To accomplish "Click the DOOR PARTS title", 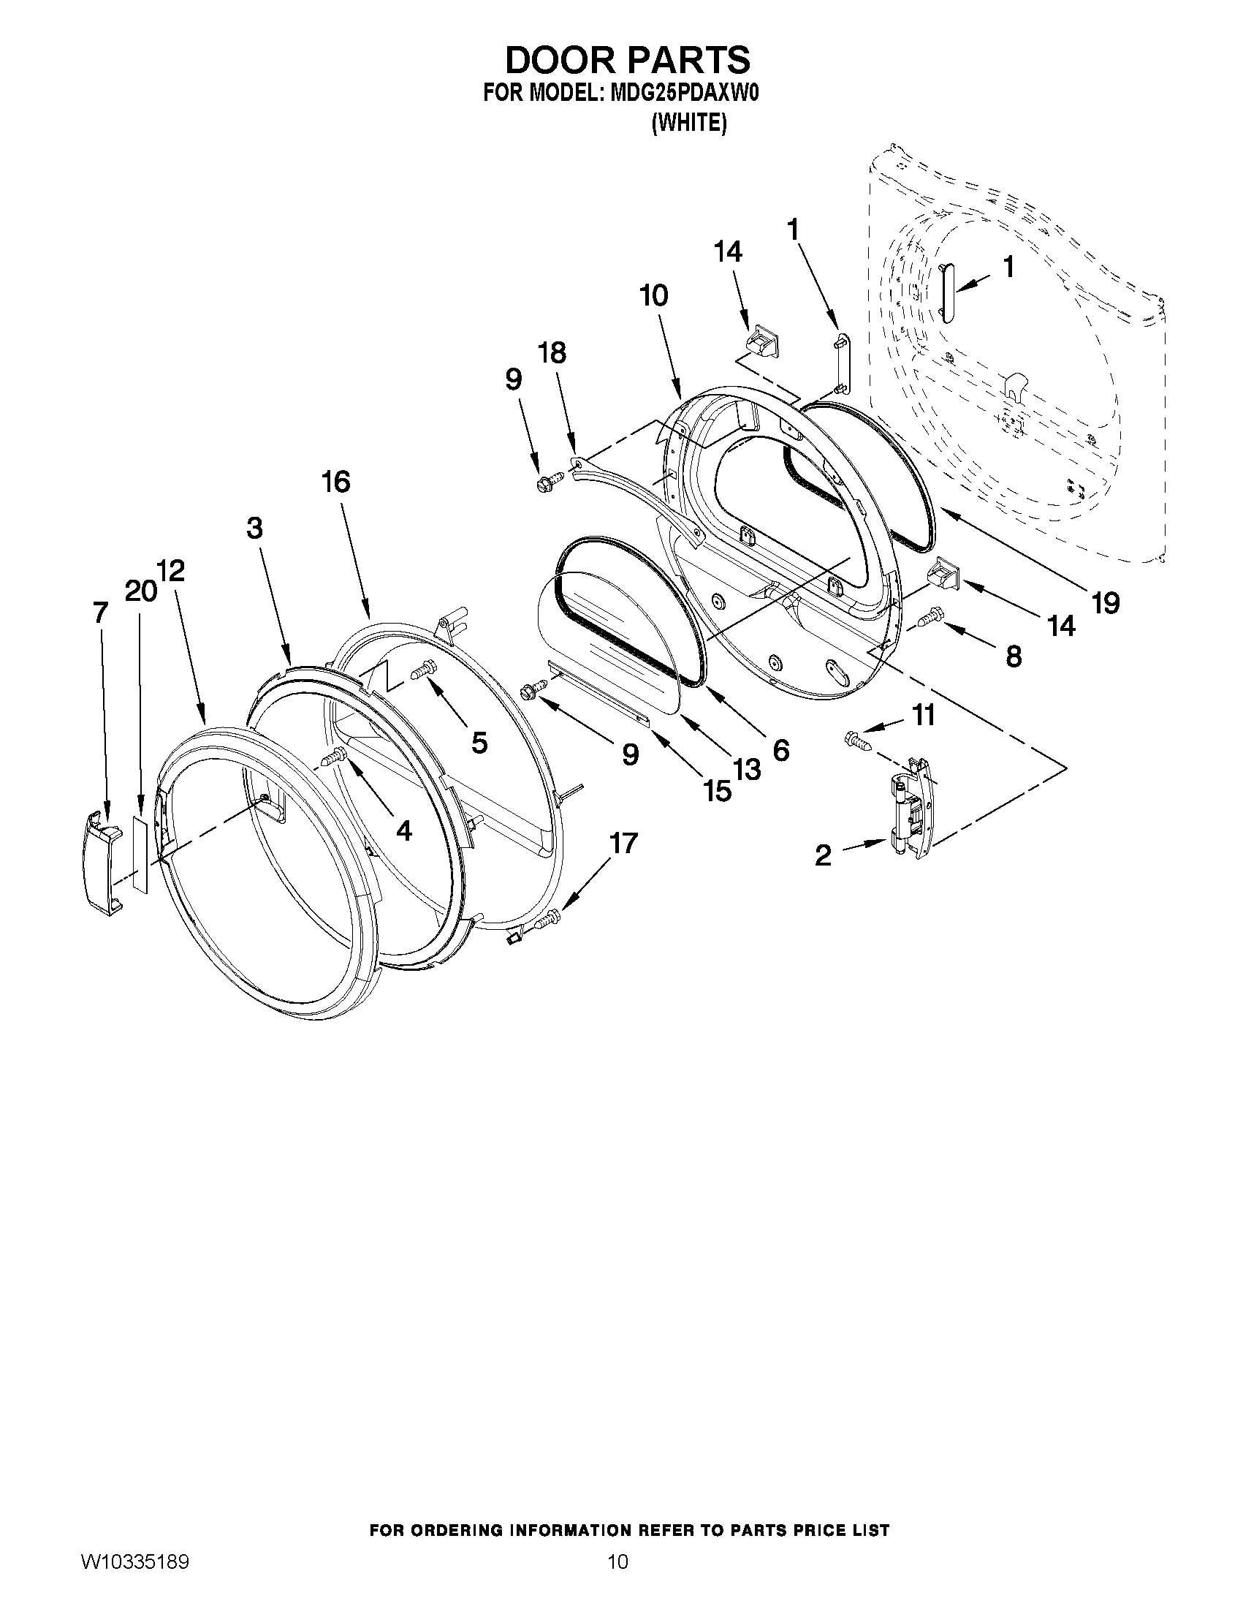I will [627, 59].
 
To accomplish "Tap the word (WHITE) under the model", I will [689, 123].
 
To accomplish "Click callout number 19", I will [1106, 602].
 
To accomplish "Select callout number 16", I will [335, 482].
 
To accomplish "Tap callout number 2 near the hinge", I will [823, 855].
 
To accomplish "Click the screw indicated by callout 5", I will [423, 671].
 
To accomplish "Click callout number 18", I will [552, 353].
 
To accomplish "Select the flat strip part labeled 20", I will [140, 854].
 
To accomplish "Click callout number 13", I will [746, 769].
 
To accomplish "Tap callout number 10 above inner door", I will [653, 295].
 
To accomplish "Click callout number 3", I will [254, 528].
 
